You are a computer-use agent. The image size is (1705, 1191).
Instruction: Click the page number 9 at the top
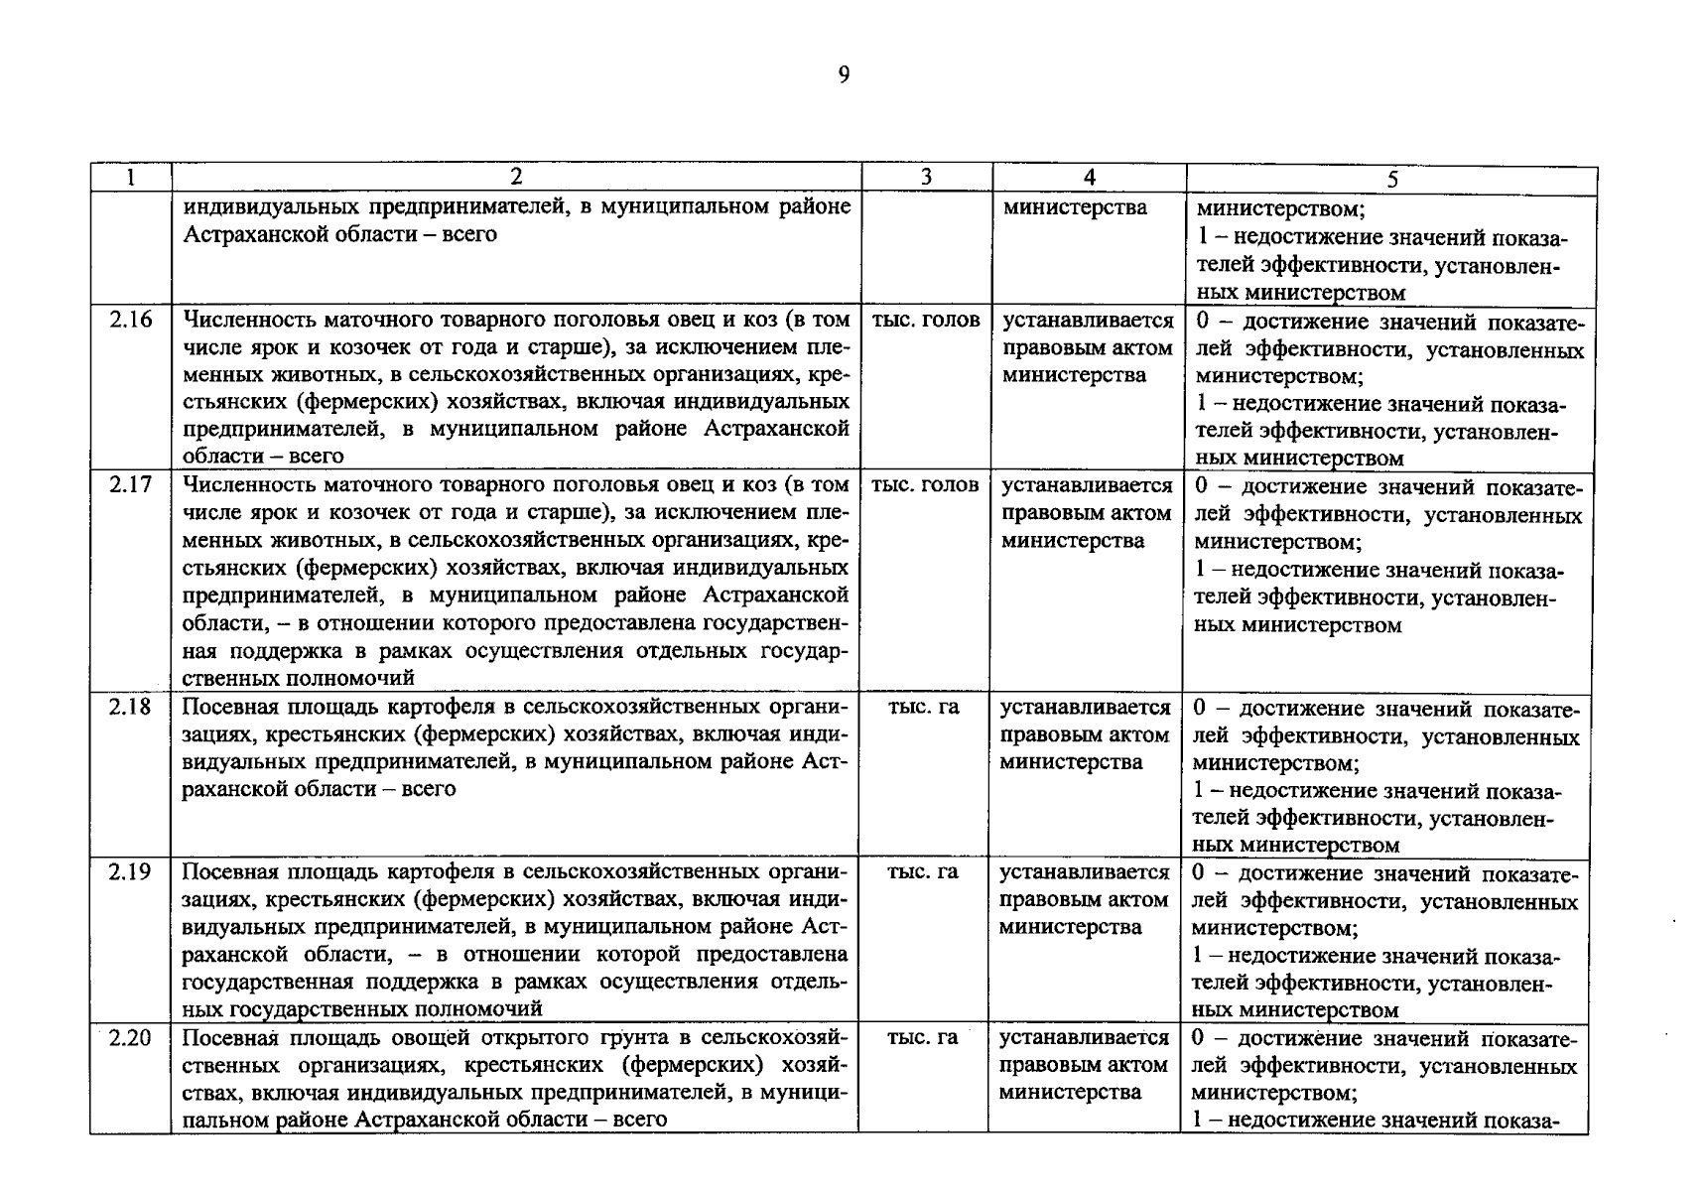point(844,75)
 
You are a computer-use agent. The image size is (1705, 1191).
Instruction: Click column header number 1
point(131,178)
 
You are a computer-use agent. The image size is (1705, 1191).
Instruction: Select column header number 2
point(516,178)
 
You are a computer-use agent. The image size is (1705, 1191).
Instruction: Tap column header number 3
point(926,178)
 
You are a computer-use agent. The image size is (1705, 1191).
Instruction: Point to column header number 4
point(1089,178)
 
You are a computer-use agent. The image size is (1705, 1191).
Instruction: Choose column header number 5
point(1392,180)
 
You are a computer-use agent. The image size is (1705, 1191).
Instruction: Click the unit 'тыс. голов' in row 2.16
point(925,320)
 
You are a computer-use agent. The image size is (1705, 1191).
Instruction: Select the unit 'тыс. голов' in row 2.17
point(924,484)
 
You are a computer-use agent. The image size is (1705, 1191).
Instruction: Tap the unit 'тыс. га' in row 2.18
point(923,707)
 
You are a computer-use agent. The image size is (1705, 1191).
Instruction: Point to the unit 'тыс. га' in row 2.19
point(922,871)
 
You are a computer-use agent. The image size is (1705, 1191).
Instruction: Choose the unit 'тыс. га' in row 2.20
point(922,1037)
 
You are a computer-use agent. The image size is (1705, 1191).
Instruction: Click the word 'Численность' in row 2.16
point(243,320)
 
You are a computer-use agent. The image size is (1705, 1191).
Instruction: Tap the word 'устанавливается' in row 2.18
point(1086,708)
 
